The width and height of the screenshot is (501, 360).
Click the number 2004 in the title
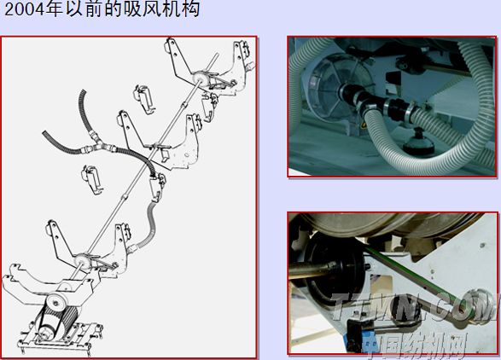coord(24,9)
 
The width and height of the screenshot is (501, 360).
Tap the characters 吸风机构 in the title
coord(163,9)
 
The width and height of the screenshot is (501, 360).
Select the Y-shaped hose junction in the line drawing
coord(97,144)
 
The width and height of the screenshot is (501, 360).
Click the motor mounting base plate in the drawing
coord(61,340)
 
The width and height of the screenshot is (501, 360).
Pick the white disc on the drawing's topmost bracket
coord(201,78)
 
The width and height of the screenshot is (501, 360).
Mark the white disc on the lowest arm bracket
coord(83,261)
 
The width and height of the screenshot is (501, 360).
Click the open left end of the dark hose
coord(44,133)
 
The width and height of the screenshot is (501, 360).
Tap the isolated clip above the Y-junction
coord(144,99)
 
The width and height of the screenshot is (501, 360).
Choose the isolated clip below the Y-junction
coord(92,180)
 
